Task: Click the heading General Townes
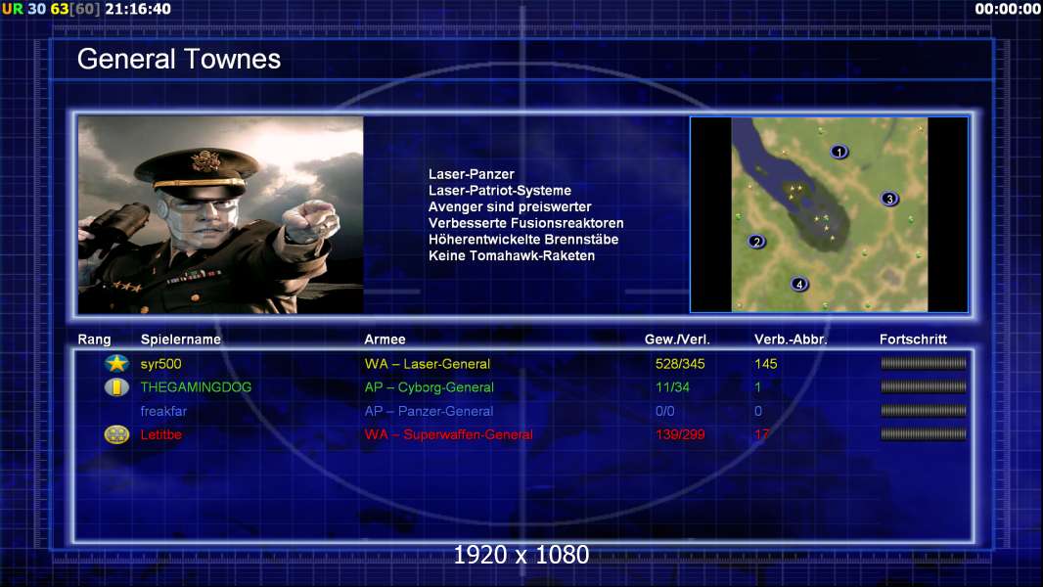[179, 59]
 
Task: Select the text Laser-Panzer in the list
[471, 174]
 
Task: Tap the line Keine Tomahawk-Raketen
[512, 256]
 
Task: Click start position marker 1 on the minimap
[839, 153]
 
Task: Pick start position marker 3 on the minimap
[889, 199]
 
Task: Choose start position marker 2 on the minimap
[755, 242]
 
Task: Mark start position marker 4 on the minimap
[799, 285]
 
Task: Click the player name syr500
[161, 364]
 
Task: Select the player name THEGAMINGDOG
[196, 386]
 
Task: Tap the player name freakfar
[163, 411]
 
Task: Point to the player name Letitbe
[161, 434]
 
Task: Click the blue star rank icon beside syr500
[117, 363]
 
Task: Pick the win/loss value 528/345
[680, 364]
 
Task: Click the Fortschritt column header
[913, 339]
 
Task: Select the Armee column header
[385, 339]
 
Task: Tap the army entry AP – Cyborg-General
[430, 387]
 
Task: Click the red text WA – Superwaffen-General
[448, 434]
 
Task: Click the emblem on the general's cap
[205, 160]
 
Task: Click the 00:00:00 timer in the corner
[1008, 9]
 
